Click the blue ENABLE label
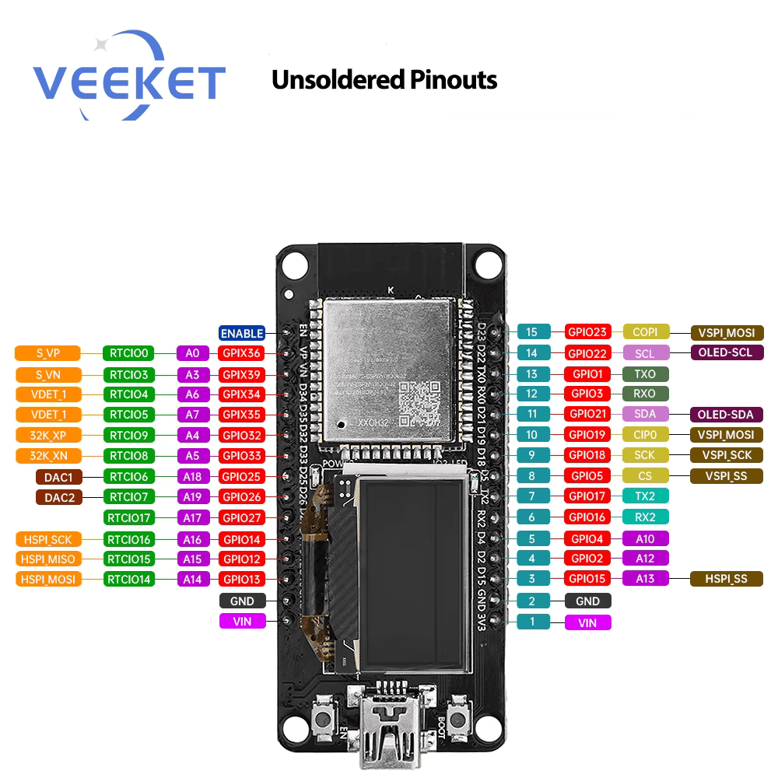pyautogui.click(x=242, y=333)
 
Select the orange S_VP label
pyautogui.click(x=48, y=353)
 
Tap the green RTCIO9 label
pyautogui.click(x=129, y=435)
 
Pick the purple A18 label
pyautogui.click(x=192, y=476)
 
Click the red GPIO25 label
pyautogui.click(x=243, y=476)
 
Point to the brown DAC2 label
pyautogui.click(x=59, y=497)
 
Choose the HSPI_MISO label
pyautogui.click(x=48, y=559)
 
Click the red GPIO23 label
pyautogui.click(x=588, y=332)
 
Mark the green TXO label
pyautogui.click(x=645, y=373)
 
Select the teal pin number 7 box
pyautogui.click(x=532, y=496)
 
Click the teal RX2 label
pyautogui.click(x=645, y=517)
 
